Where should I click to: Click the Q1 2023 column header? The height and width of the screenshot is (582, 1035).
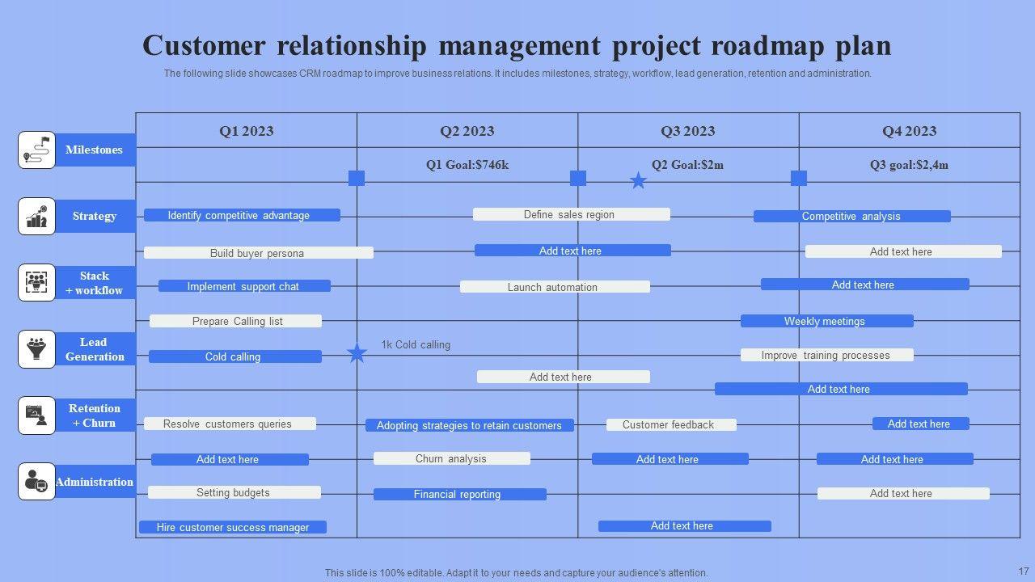246,131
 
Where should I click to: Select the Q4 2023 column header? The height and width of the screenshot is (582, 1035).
909,131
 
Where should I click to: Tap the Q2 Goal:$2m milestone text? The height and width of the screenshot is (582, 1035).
687,165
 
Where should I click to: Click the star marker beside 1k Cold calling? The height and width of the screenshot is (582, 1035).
357,353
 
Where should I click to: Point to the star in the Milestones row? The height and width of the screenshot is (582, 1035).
638,180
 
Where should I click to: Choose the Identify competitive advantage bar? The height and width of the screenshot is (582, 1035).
242,215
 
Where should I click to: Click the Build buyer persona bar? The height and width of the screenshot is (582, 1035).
259,253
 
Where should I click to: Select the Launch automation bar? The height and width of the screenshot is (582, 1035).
555,287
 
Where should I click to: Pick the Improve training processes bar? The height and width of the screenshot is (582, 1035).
826,355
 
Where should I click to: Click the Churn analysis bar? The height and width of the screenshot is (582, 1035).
451,458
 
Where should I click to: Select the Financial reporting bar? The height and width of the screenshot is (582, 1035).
459,494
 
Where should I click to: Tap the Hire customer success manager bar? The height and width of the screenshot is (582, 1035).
233,527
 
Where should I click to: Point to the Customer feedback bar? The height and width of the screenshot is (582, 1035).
670,424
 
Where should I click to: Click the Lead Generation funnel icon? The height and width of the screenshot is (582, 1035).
36,349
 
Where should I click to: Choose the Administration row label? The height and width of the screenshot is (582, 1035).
95,482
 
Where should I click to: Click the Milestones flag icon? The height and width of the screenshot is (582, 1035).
36,150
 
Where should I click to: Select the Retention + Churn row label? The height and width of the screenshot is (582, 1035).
95,415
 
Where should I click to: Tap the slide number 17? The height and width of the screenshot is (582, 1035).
1024,571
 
